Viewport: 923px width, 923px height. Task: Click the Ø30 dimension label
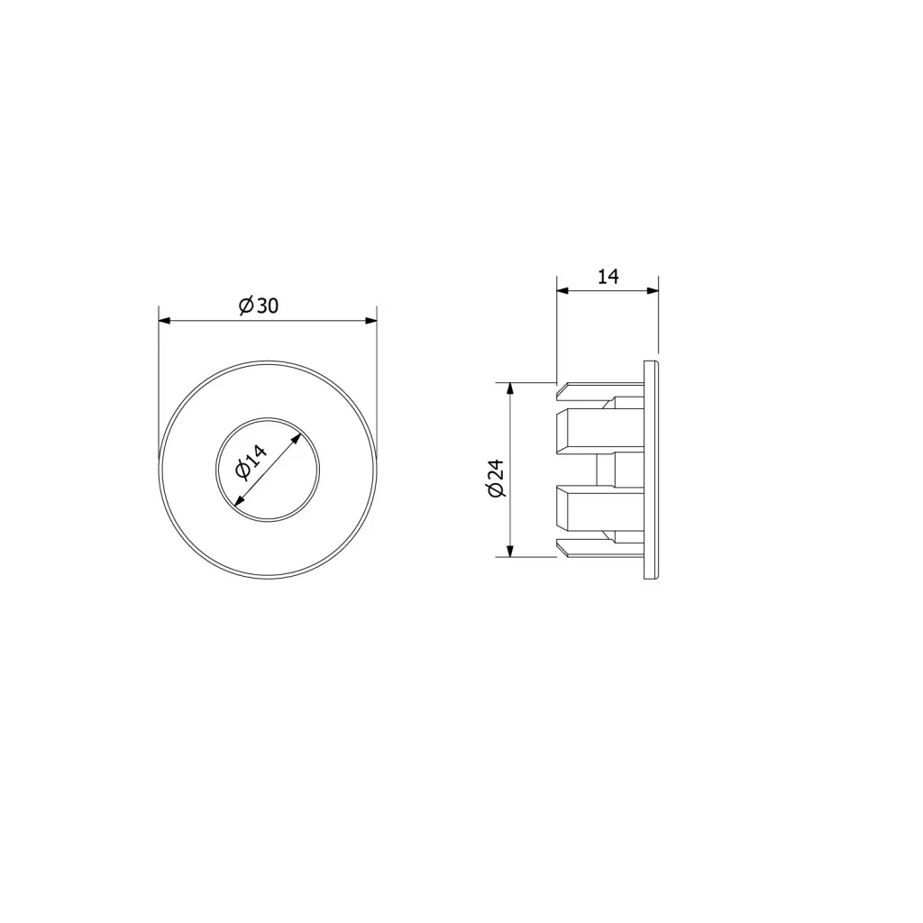(259, 306)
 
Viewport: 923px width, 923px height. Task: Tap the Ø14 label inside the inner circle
(251, 462)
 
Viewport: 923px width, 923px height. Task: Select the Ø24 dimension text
(497, 479)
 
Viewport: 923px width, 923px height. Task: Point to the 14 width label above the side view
(608, 276)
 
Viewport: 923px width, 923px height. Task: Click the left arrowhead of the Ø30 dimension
(164, 321)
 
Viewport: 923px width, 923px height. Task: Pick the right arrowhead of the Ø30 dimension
(370, 321)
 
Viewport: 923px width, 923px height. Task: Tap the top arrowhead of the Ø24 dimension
(510, 388)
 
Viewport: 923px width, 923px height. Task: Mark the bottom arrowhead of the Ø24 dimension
(510, 551)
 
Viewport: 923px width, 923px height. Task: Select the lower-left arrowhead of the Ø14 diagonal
(239, 501)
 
